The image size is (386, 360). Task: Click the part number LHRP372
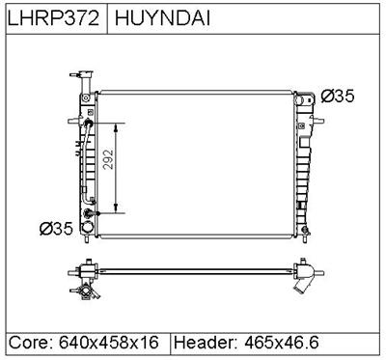53,17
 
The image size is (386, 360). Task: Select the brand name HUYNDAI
162,17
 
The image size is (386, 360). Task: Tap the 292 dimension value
109,159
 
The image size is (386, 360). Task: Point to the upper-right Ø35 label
338,96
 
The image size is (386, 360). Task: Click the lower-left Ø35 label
56,229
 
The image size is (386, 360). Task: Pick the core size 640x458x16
109,342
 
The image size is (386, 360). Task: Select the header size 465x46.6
282,342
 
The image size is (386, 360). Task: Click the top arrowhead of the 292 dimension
116,127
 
